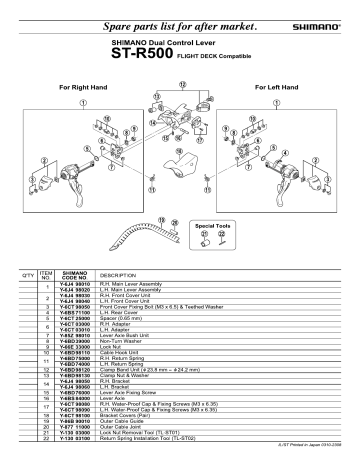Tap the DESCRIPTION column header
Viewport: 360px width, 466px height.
click(x=118, y=273)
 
